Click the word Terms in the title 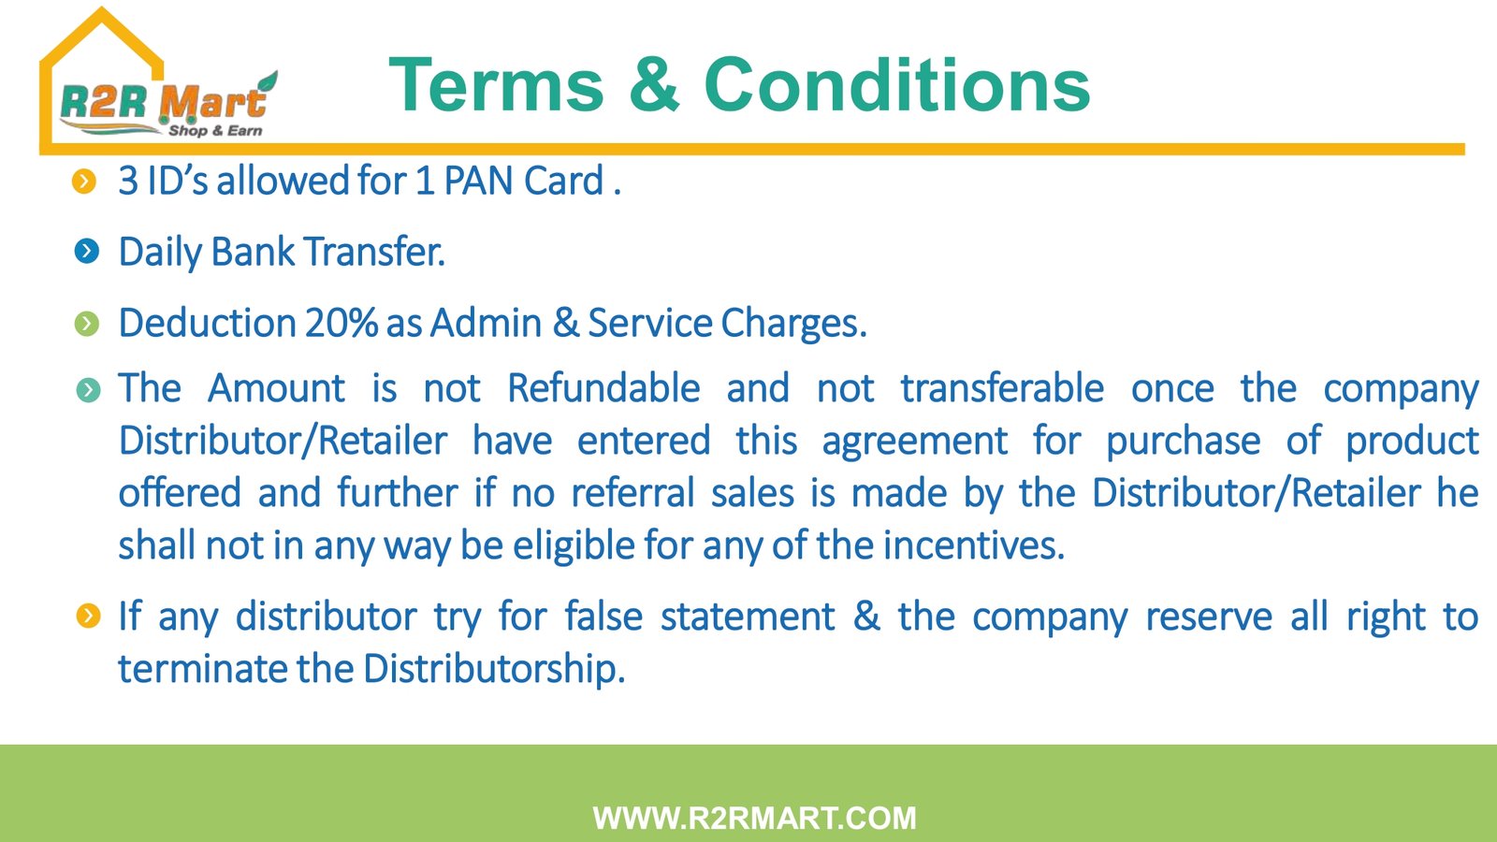point(496,85)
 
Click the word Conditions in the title point(897,84)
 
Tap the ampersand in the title point(654,84)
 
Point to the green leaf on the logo point(268,83)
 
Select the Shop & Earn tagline point(215,130)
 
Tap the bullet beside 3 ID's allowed point(84,181)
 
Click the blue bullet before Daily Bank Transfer point(87,252)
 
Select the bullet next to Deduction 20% point(87,324)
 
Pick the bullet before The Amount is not point(88,390)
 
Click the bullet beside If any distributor point(88,617)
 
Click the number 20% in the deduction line point(342,324)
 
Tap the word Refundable point(603,388)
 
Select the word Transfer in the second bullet point(374,253)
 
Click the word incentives point(973,545)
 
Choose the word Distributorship point(495,668)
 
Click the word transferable point(1002,388)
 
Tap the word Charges point(794,324)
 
